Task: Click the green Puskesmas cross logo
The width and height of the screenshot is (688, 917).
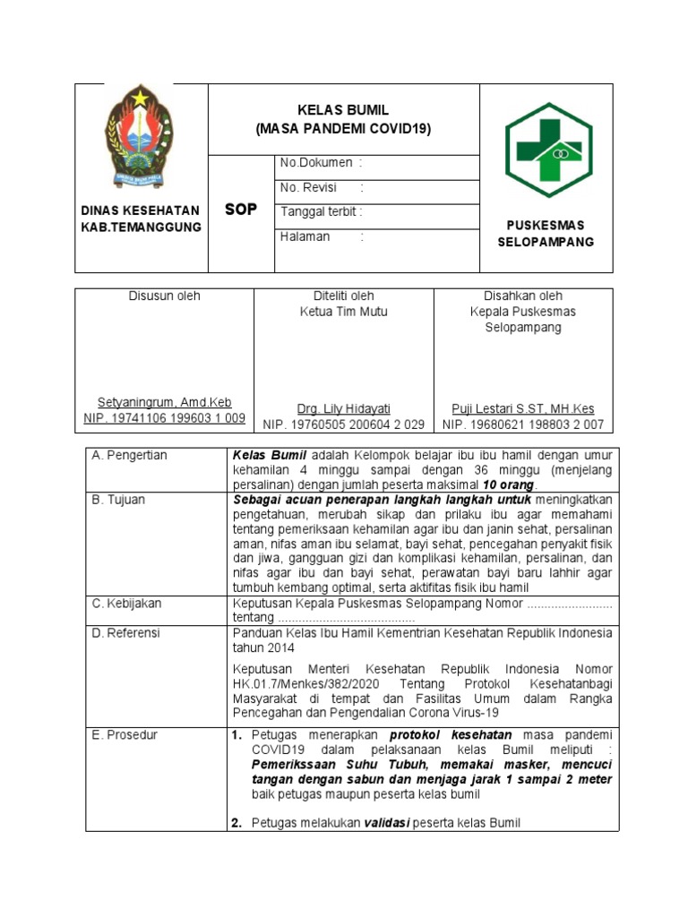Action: (548, 150)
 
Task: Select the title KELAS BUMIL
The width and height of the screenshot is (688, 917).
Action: (343, 110)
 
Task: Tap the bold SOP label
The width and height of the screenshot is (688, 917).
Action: (240, 210)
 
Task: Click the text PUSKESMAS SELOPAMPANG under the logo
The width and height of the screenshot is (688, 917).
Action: (546, 234)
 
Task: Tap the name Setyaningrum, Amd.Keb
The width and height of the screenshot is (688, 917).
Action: (164, 403)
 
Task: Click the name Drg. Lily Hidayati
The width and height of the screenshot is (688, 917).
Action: (344, 408)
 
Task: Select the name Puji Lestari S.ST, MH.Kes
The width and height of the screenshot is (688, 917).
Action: (523, 408)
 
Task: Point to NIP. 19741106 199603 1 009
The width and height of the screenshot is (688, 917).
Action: (164, 418)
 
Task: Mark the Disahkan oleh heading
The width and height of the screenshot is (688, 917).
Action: (523, 296)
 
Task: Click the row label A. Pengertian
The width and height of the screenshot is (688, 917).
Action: (129, 456)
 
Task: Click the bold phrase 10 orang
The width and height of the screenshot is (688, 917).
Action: (508, 484)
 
